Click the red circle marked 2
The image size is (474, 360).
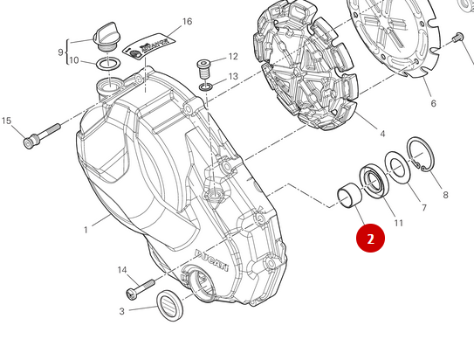tap(370, 238)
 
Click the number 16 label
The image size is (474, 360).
tap(187, 22)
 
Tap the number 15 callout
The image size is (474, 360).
tap(7, 121)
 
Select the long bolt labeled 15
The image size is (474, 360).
tap(42, 134)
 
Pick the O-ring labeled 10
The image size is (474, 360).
tap(107, 62)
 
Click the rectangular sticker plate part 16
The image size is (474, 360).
tap(155, 46)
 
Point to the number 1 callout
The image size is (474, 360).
tap(86, 230)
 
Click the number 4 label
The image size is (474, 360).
tap(382, 134)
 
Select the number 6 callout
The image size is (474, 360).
tap(433, 104)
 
